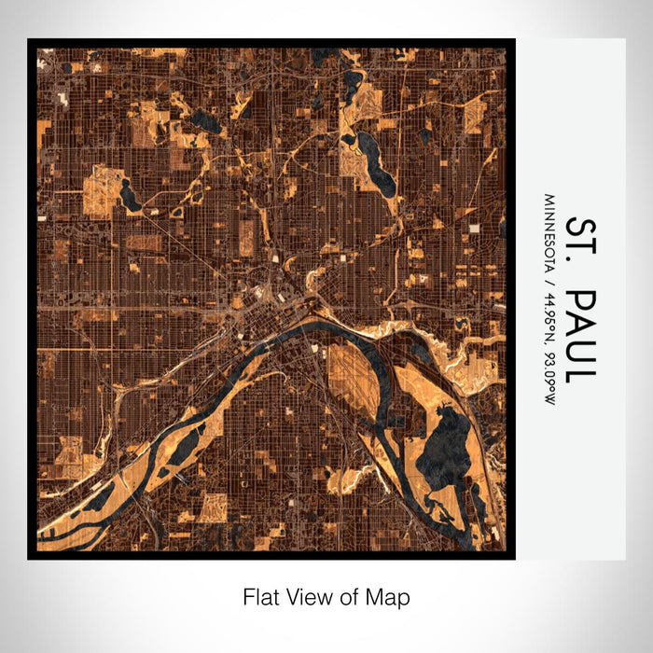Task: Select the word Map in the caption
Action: click(x=391, y=596)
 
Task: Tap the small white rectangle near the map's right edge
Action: click(x=474, y=228)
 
